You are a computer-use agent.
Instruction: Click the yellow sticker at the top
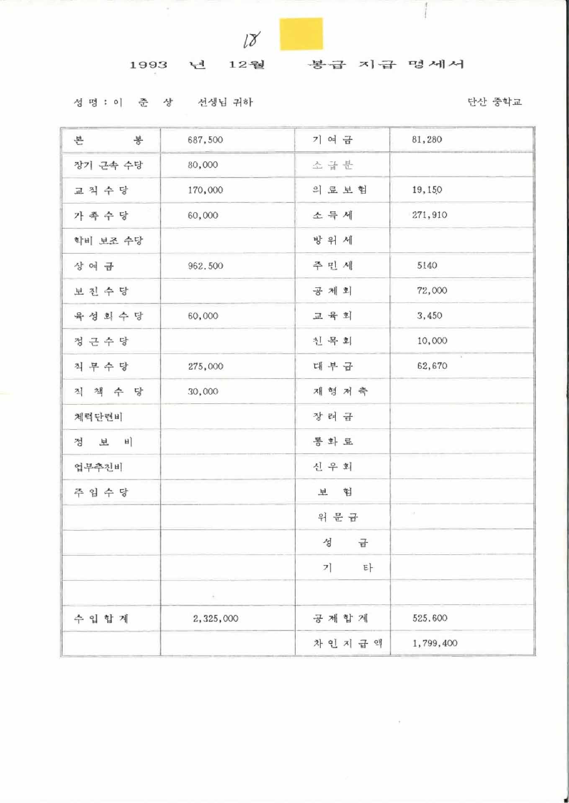301,34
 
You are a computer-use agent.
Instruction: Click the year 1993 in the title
148,65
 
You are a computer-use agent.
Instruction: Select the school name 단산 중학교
494,102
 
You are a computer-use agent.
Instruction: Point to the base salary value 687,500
205,140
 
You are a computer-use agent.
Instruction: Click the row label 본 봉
108,140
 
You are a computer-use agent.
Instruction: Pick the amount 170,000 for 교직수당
205,190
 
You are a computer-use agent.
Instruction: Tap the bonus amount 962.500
205,266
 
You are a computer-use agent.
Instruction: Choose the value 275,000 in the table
205,366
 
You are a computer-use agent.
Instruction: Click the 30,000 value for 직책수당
203,391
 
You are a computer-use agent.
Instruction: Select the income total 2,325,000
216,618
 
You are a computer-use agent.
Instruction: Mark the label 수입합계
101,618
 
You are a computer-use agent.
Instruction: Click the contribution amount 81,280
427,140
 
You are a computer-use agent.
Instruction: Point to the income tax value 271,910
429,215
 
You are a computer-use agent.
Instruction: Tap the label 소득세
333,215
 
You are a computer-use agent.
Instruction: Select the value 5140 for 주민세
427,265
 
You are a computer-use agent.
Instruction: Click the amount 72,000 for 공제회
432,290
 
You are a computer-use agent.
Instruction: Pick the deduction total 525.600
430,618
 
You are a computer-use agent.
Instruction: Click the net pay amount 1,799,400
435,643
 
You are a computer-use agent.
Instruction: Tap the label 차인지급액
348,643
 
